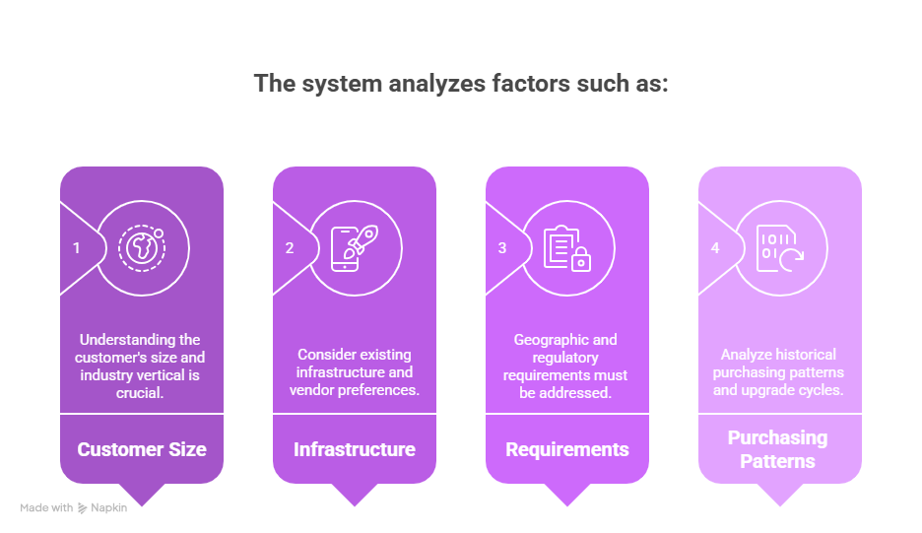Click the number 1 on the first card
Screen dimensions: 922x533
tap(77, 248)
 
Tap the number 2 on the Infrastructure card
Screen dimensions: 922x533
tap(290, 248)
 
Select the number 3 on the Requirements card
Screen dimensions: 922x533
tap(502, 248)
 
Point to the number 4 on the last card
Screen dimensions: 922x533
tap(715, 248)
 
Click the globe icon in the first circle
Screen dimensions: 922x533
tap(142, 248)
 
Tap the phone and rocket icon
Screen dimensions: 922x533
tap(355, 248)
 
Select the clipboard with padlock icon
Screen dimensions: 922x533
tap(567, 248)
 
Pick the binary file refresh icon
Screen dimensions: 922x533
tap(780, 248)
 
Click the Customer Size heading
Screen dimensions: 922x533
tap(142, 449)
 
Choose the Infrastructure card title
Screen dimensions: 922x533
tap(355, 449)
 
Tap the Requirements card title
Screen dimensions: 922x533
tap(567, 449)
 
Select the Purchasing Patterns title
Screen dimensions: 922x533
tap(777, 449)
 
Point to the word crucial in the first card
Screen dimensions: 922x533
tap(139, 393)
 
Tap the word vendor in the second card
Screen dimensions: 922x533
tap(311, 390)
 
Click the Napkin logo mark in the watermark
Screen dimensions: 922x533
tap(83, 508)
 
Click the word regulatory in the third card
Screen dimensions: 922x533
tap(565, 358)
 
